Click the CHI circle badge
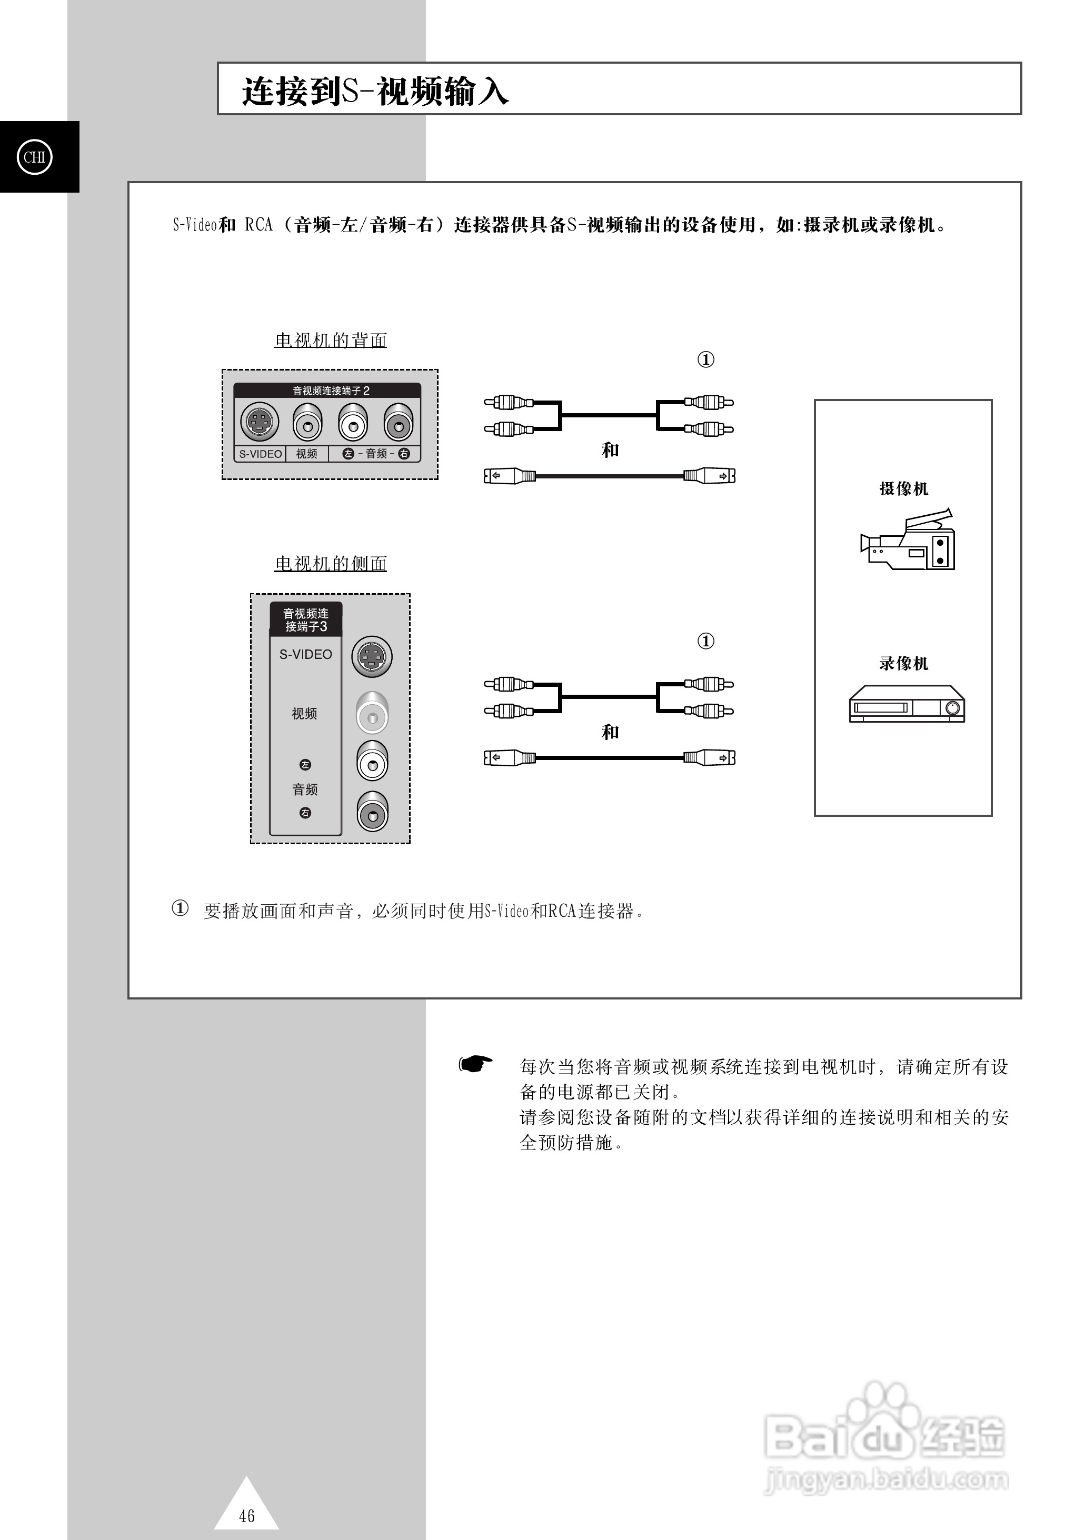tap(34, 157)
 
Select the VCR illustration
tap(907, 704)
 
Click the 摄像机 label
tap(903, 488)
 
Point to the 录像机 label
tap(903, 663)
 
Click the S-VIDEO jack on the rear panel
tap(260, 422)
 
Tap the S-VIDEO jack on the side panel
tap(372, 656)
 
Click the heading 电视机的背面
tap(330, 340)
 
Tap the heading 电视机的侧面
tap(330, 563)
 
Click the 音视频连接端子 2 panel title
tap(330, 391)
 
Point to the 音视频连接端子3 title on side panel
tap(305, 620)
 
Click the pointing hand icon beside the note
tap(475, 1064)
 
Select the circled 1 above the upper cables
tap(705, 359)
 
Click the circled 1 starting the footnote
tap(180, 908)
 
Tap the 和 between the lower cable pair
tap(610, 732)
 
